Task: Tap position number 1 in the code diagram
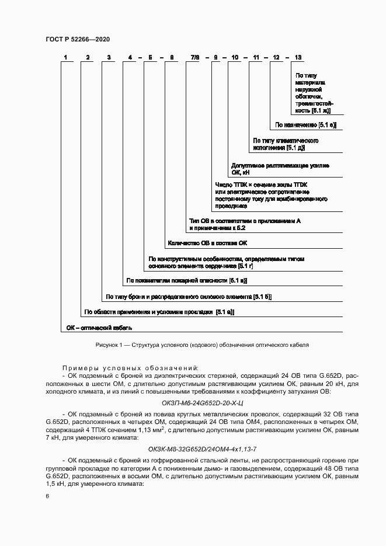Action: point(66,57)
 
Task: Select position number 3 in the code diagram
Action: point(108,57)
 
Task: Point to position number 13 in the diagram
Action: point(298,57)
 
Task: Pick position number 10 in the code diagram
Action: point(235,57)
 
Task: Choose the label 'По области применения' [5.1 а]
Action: point(159,312)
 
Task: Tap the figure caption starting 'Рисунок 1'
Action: point(201,345)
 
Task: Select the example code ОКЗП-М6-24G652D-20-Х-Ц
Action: point(201,402)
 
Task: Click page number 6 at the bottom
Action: point(47,496)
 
